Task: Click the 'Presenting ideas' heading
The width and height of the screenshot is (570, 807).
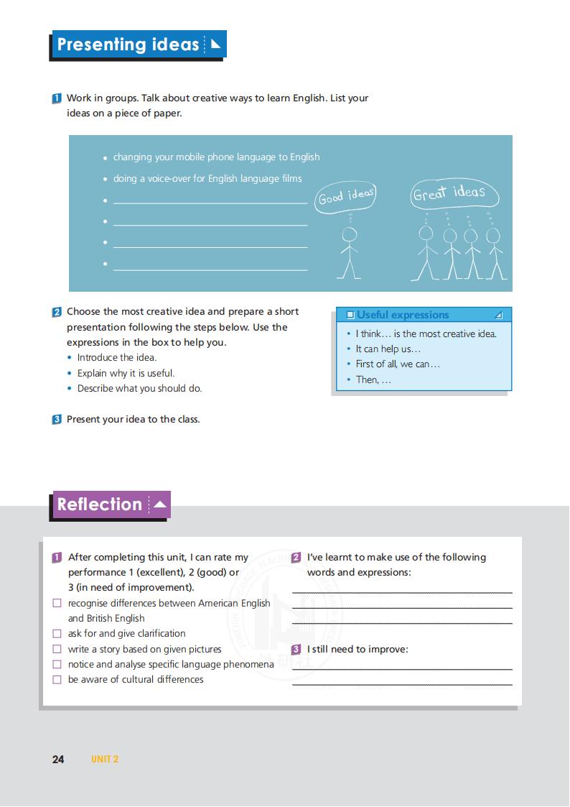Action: [x=128, y=45]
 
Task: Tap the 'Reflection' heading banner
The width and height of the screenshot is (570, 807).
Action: [x=100, y=504]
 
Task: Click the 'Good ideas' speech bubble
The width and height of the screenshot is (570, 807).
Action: [x=346, y=196]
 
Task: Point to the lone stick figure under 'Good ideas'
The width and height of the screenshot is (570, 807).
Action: [x=349, y=252]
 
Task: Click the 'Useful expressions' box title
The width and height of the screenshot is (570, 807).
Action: [x=402, y=315]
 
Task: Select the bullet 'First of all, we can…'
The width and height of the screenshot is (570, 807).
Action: [x=398, y=364]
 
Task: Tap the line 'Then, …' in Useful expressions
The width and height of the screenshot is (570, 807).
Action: [x=373, y=379]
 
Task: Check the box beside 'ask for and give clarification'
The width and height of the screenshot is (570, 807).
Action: [x=57, y=634]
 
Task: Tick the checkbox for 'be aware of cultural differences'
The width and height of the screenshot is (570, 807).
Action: [x=57, y=680]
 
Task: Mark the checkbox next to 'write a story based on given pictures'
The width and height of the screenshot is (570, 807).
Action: [x=57, y=650]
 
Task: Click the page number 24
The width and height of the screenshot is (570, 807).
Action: [x=58, y=759]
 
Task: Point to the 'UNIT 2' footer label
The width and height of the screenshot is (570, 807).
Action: [x=105, y=759]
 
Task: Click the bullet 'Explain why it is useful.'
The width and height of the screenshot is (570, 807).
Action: [x=126, y=373]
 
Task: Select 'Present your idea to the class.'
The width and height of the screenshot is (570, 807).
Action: [x=133, y=419]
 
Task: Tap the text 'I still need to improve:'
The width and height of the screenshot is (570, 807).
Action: [x=357, y=649]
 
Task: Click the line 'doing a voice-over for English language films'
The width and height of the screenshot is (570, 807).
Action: [x=207, y=178]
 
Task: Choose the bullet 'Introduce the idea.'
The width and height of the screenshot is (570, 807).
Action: [x=116, y=357]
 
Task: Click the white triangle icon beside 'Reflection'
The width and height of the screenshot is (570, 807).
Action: [x=159, y=504]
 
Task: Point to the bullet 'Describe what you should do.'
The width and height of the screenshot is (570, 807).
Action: [x=139, y=388]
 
